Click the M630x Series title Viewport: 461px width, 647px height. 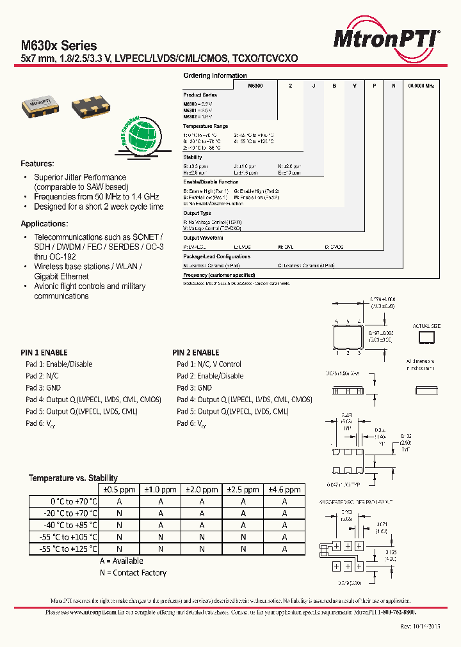pyautogui.click(x=59, y=45)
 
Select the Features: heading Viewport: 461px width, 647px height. pyautogui.click(x=37, y=164)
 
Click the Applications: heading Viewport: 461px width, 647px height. pyautogui.click(x=44, y=224)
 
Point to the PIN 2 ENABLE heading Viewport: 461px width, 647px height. pyautogui.click(x=196, y=352)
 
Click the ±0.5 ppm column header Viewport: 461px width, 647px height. pyautogui.click(x=119, y=490)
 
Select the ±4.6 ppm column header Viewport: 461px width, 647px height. pyautogui.click(x=284, y=490)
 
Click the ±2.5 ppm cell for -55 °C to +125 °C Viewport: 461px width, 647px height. pyautogui.click(x=243, y=549)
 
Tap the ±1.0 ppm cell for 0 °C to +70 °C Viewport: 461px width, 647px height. pyautogui.click(x=160, y=502)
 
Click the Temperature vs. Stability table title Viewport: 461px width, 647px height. pyautogui.click(x=73, y=478)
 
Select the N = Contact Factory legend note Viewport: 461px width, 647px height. pyautogui.click(x=133, y=573)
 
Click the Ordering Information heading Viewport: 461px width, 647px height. pyautogui.click(x=214, y=75)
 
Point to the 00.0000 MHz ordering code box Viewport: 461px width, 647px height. pyautogui.click(x=421, y=85)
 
